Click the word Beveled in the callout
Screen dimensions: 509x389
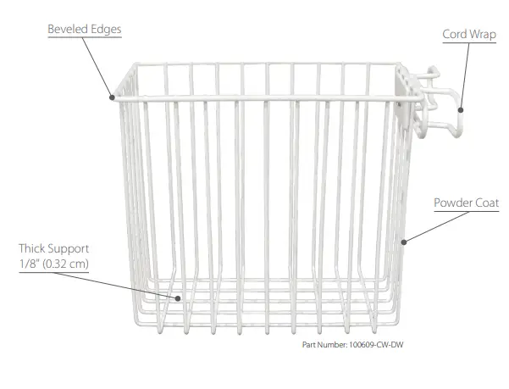click(x=65, y=30)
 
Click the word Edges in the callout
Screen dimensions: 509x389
click(x=105, y=30)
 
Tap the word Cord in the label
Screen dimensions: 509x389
click(x=455, y=35)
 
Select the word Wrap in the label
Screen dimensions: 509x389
click(x=483, y=35)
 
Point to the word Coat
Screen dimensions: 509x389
click(x=488, y=203)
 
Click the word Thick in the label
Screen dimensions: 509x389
click(x=35, y=249)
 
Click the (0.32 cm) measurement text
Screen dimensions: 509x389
click(x=64, y=264)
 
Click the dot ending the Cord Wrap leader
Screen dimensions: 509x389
click(x=462, y=108)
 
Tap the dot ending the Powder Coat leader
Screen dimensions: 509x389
click(x=404, y=242)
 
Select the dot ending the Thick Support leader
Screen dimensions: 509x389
click(x=178, y=297)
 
